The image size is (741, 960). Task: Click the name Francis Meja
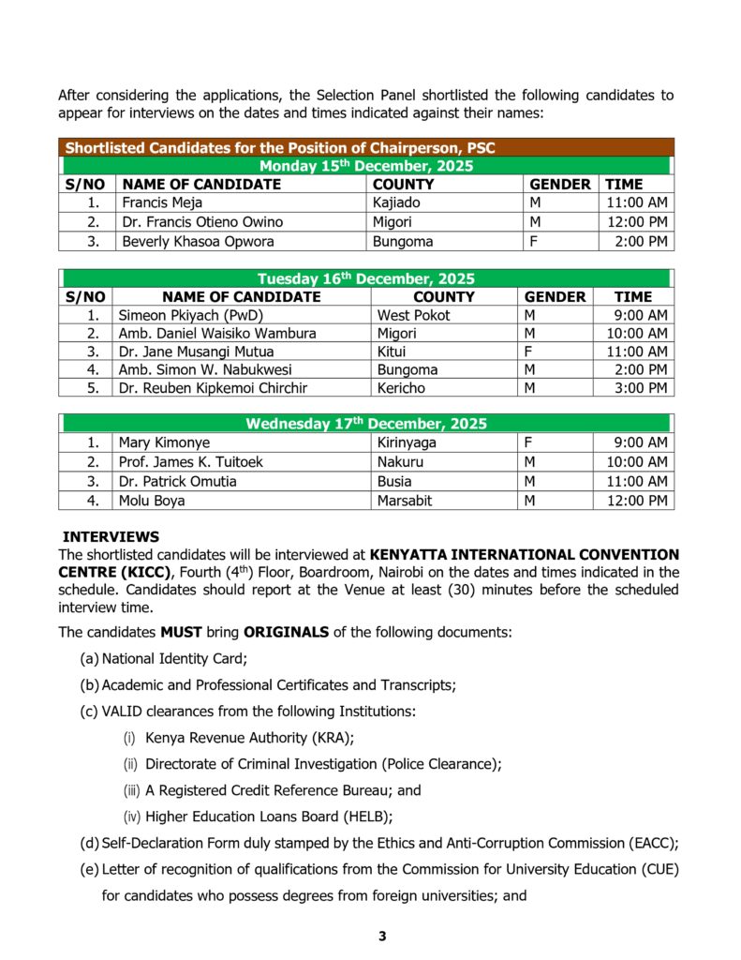tap(162, 202)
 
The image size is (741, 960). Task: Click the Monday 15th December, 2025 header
tap(365, 166)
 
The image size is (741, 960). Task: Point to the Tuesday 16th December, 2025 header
tap(365, 278)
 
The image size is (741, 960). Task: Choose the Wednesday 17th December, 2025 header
tap(365, 424)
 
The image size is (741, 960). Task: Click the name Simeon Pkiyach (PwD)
tap(177, 315)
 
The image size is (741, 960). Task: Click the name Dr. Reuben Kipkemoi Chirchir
tap(213, 388)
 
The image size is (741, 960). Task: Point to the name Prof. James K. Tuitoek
tap(191, 461)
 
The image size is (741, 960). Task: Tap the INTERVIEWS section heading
tap(111, 537)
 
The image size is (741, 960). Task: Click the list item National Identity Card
tap(174, 659)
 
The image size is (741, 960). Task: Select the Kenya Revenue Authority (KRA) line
tap(249, 738)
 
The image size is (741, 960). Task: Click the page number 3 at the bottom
tap(382, 937)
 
